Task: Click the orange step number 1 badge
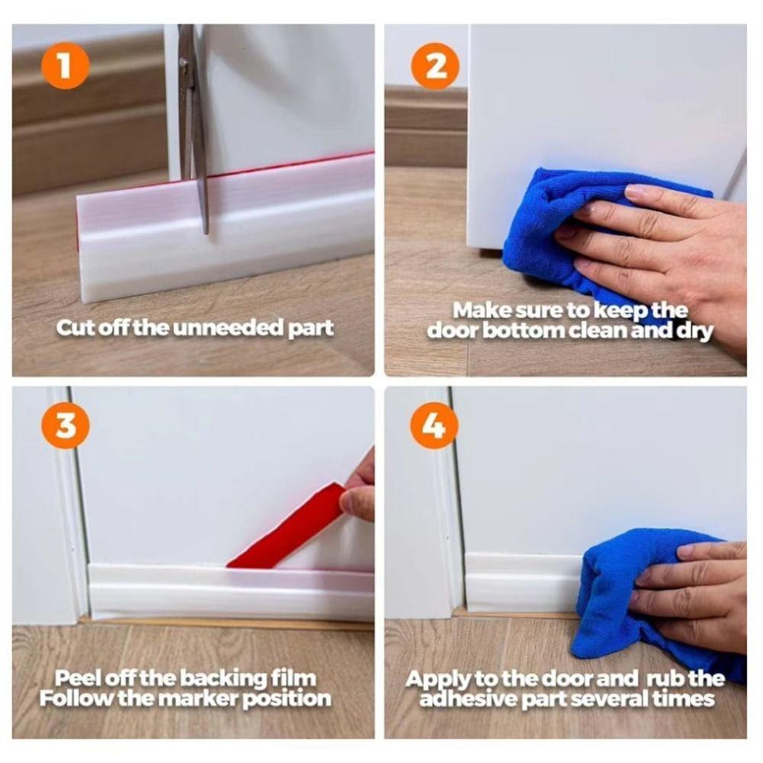coord(64,66)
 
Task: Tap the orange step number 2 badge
coord(435,66)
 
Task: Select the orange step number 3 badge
coord(66,425)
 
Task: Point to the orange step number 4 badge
coord(434,425)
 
